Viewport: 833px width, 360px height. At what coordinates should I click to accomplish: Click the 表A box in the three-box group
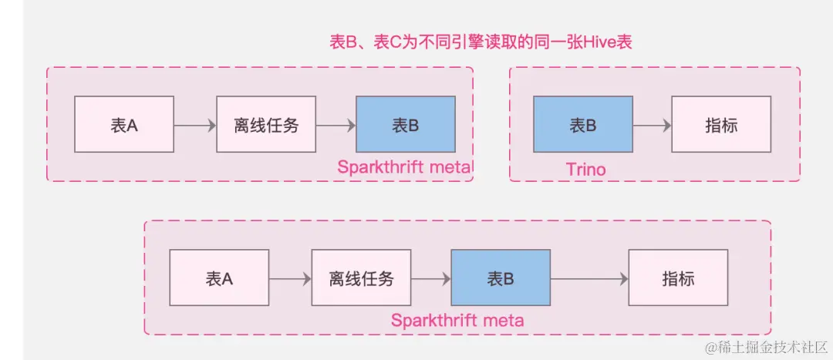[x=124, y=124]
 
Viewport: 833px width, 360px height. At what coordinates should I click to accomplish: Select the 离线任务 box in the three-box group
[x=266, y=124]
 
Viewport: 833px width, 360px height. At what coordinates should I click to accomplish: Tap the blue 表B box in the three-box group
[x=406, y=124]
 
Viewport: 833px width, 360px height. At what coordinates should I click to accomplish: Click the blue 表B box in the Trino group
[x=583, y=124]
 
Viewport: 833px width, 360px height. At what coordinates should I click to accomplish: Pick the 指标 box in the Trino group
[x=721, y=124]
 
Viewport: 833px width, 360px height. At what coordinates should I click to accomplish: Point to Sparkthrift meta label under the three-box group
[x=405, y=167]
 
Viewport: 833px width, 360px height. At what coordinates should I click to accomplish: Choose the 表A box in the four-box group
[x=219, y=278]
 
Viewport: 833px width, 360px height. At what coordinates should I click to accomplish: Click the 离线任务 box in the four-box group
[x=361, y=278]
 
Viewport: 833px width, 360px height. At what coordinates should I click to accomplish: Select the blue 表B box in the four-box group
[x=500, y=278]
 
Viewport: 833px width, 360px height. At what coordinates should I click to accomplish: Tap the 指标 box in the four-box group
[x=678, y=278]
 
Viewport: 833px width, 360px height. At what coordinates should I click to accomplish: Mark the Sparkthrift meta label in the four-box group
[x=457, y=320]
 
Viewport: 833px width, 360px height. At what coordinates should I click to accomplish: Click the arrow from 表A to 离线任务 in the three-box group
[x=195, y=124]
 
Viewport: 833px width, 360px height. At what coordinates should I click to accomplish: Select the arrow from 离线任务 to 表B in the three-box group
[x=336, y=124]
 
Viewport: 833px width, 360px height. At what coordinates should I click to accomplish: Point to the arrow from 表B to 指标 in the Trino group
[x=652, y=124]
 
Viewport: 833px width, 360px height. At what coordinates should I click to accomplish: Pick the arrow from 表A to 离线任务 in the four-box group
[x=290, y=278]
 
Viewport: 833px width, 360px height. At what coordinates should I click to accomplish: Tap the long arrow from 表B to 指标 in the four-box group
[x=588, y=278]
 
